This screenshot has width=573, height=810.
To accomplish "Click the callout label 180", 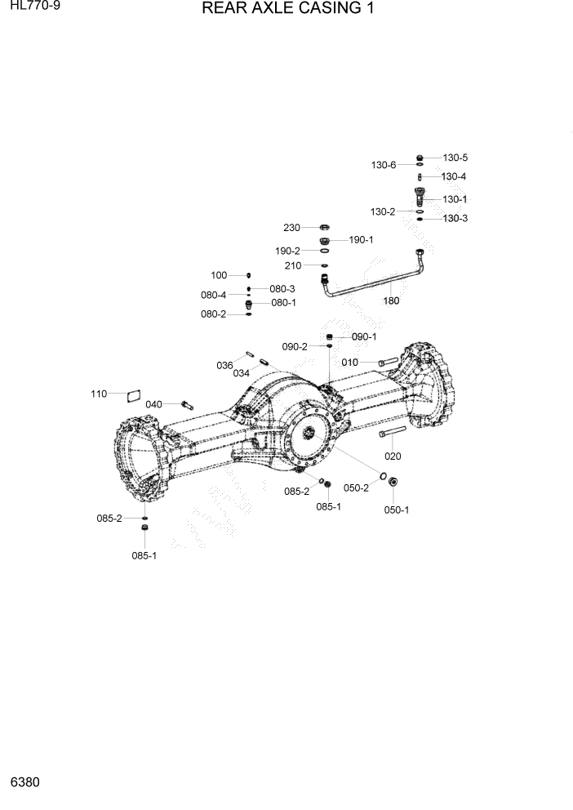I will tap(392, 300).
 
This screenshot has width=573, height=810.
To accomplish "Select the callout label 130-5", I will tap(455, 158).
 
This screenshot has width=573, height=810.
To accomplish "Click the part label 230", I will tap(292, 227).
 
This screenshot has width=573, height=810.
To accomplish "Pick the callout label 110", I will tap(99, 394).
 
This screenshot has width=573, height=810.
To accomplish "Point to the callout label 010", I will tap(350, 361).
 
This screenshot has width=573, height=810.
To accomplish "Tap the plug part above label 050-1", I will tap(392, 483).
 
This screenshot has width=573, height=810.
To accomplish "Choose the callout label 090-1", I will tap(364, 336).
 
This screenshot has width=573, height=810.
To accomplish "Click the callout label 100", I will tap(219, 275).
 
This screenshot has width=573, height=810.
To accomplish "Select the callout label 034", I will tap(241, 373).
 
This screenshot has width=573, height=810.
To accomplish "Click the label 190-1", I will tap(361, 240).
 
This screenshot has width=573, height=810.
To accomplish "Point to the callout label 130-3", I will tap(455, 219).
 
